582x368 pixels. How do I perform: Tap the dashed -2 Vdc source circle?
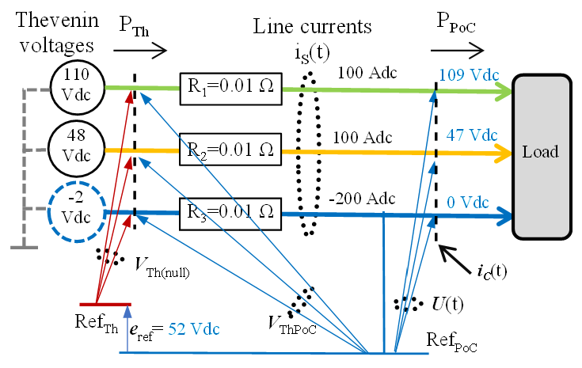coord(76,211)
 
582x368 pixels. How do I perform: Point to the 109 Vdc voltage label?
coord(468,75)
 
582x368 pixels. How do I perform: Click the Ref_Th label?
coord(100,323)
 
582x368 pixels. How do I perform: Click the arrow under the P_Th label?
coord(141,52)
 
